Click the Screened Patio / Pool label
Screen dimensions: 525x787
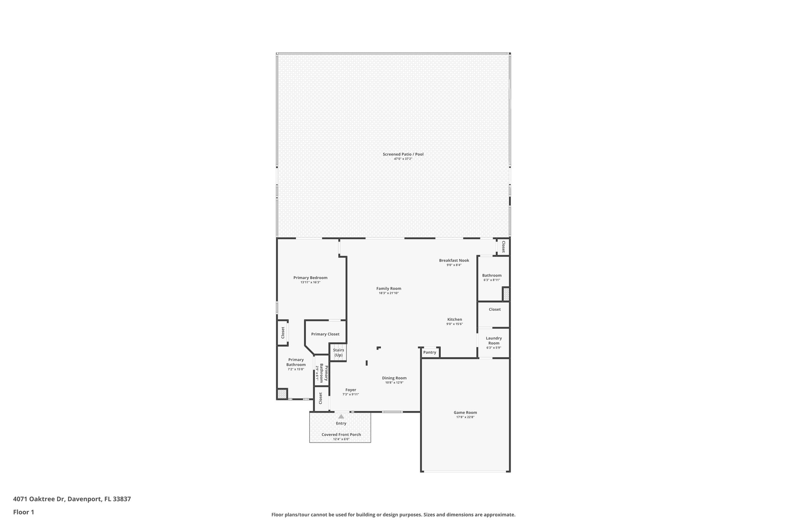403,154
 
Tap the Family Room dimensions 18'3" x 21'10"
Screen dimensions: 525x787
389,293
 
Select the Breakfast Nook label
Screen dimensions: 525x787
454,260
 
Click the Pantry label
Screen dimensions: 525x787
430,352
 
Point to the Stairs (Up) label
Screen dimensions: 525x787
338,353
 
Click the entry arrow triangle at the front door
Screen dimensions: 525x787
341,416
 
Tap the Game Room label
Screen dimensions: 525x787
465,412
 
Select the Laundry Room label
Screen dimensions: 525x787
493,341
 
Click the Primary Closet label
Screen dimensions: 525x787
325,334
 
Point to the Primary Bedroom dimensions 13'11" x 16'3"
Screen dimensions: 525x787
310,282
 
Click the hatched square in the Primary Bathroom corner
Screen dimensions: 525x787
282,394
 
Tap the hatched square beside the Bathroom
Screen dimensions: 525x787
506,295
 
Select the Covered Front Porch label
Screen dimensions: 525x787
341,435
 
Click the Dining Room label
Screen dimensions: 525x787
394,378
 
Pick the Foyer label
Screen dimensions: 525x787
350,390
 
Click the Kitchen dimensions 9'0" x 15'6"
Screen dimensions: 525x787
454,324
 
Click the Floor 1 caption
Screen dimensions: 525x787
23,512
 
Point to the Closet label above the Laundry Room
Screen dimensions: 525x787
495,309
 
